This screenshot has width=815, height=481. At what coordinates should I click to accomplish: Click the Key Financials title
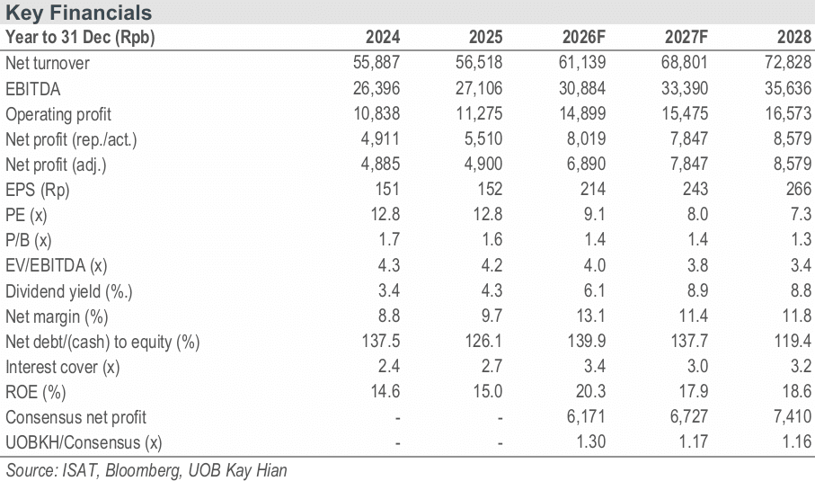pyautogui.click(x=78, y=13)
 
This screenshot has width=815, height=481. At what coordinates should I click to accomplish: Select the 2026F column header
pyautogui.click(x=584, y=37)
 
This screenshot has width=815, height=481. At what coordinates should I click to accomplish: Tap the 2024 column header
pyautogui.click(x=383, y=37)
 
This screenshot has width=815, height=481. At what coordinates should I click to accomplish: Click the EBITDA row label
pyautogui.click(x=32, y=89)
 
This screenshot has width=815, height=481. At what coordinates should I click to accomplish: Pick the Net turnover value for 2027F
pyautogui.click(x=685, y=62)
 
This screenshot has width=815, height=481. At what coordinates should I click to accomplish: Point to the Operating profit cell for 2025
pyautogui.click(x=479, y=113)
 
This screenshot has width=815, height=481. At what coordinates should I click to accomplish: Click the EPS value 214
pyautogui.click(x=592, y=190)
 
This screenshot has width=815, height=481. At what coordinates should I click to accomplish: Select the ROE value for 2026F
pyautogui.click(x=590, y=391)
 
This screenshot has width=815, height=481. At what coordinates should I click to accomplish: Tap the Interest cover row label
pyautogui.click(x=62, y=367)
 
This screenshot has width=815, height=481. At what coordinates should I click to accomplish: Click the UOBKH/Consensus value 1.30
pyautogui.click(x=591, y=441)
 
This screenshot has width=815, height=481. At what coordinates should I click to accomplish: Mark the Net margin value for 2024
pyautogui.click(x=389, y=316)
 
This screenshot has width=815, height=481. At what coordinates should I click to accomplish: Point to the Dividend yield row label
pyautogui.click(x=68, y=291)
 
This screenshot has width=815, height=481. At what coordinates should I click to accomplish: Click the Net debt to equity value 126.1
pyautogui.click(x=483, y=341)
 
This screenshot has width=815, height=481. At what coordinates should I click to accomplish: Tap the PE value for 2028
pyautogui.click(x=801, y=214)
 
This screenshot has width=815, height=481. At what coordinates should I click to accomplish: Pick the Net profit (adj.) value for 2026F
pyautogui.click(x=586, y=164)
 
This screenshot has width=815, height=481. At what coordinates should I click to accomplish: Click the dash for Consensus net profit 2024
pyautogui.click(x=397, y=417)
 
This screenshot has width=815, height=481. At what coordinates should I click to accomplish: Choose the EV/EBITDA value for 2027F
pyautogui.click(x=697, y=265)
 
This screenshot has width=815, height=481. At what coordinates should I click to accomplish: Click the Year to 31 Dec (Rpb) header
pyautogui.click(x=80, y=38)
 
